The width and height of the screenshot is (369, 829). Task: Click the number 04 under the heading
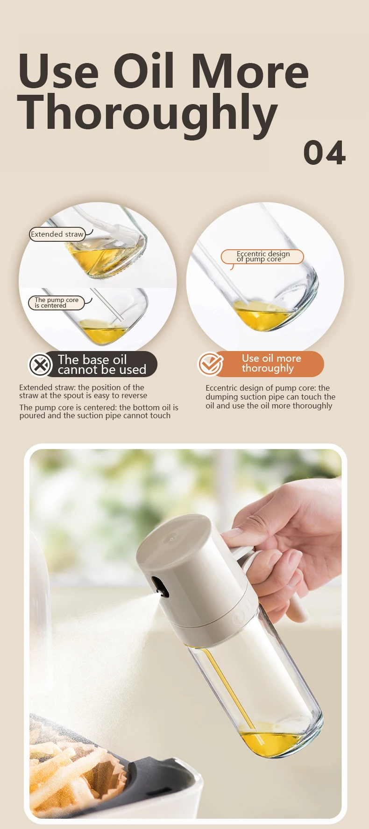click(324, 153)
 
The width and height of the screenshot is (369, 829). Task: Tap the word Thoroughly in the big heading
click(147, 113)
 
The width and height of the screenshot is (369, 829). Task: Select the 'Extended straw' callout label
click(57, 234)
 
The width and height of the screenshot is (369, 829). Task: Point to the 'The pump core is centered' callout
click(57, 302)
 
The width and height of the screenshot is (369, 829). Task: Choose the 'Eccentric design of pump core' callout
click(263, 256)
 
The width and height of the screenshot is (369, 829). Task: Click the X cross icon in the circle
click(41, 365)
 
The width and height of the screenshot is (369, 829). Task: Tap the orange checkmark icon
click(210, 364)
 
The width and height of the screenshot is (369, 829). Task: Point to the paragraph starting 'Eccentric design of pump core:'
click(270, 397)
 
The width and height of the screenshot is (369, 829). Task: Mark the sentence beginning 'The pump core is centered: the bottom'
click(98, 411)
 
